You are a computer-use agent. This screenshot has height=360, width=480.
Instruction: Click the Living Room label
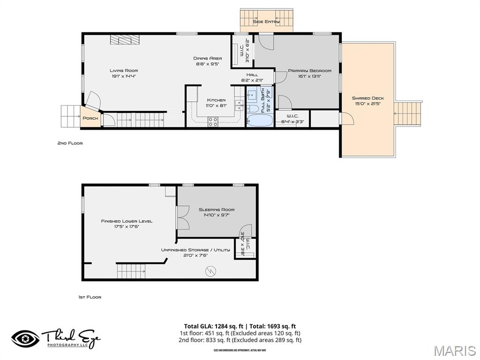click(x=124, y=70)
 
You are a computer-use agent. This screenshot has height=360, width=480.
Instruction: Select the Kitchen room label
click(x=216, y=100)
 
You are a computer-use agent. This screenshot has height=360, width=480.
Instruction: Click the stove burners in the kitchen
click(x=213, y=121)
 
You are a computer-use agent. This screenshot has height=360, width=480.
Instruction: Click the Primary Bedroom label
click(x=309, y=71)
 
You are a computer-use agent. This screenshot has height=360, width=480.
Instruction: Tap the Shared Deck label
click(x=368, y=98)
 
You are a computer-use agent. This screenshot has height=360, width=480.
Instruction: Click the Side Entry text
click(x=266, y=22)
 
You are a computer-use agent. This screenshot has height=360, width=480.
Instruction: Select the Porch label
click(x=90, y=118)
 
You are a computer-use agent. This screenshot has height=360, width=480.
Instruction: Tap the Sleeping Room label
click(x=217, y=210)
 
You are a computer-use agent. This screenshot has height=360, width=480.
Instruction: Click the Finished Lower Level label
click(x=127, y=221)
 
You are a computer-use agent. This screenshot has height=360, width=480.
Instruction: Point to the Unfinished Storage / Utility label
click(x=195, y=250)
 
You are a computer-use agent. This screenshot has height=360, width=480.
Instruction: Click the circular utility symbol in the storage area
click(x=210, y=270)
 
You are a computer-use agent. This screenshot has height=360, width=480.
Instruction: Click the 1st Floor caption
click(x=90, y=297)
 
